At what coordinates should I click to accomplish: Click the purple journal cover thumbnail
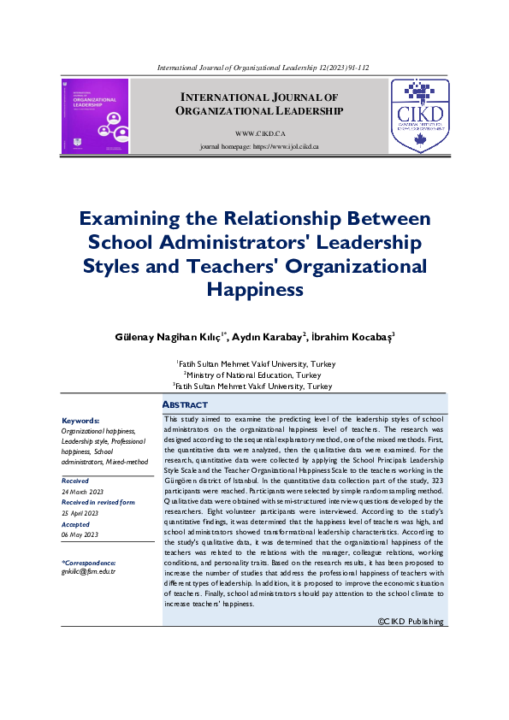[94, 116]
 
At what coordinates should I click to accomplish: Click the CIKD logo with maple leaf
[419, 116]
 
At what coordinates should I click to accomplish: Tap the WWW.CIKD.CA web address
[258, 134]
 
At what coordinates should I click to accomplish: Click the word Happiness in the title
[255, 289]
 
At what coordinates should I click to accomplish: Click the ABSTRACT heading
[185, 404]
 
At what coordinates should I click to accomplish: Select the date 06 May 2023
[80, 534]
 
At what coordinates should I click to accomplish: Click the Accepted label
[75, 523]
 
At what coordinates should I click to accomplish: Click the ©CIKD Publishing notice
[411, 622]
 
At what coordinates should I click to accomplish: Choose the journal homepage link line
[258, 147]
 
